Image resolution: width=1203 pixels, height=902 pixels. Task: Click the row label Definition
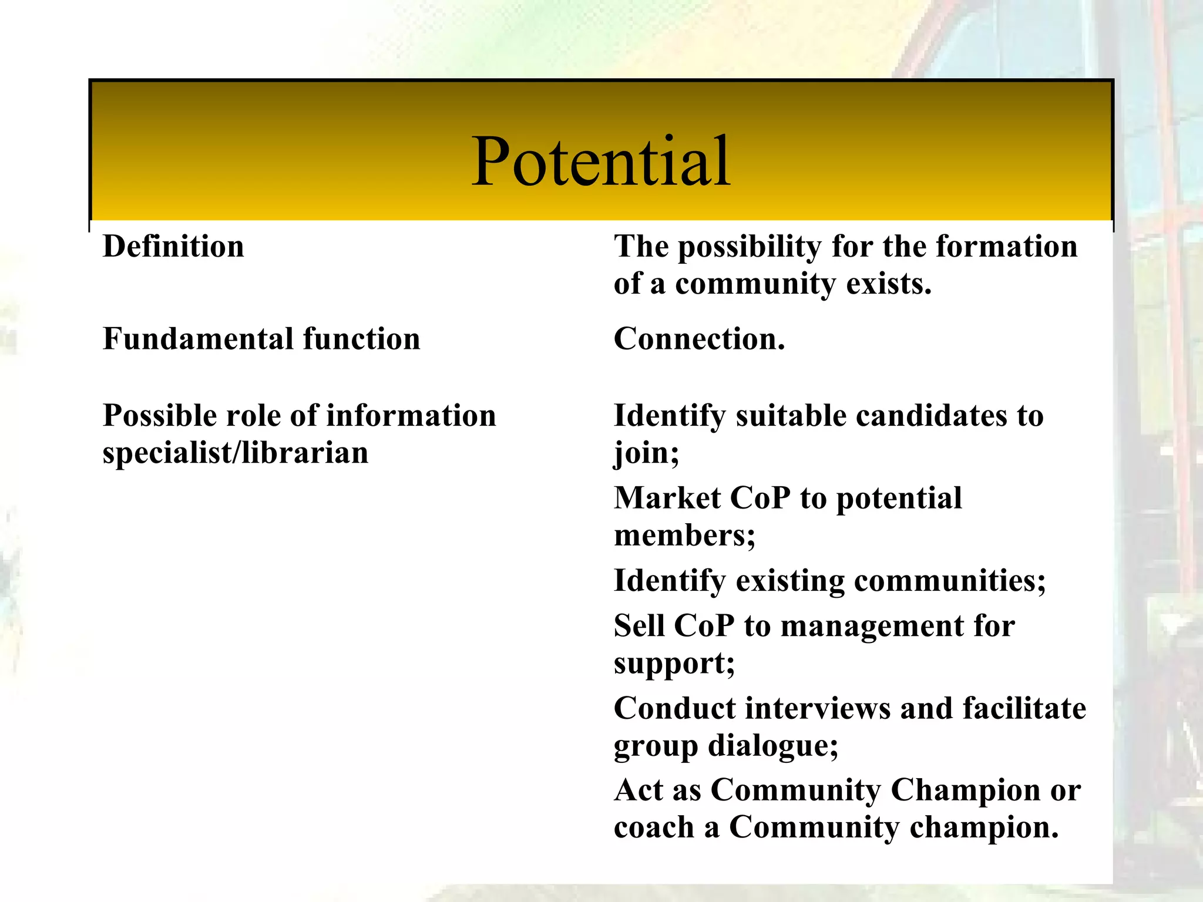(x=173, y=246)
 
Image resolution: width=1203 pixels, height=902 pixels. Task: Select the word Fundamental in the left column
(x=198, y=339)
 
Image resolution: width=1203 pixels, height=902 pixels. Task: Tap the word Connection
(x=698, y=339)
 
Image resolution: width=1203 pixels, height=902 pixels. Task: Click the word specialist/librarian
(x=235, y=453)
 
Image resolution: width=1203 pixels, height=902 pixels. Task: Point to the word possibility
(x=750, y=247)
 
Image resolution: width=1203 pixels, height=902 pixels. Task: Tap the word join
(x=645, y=453)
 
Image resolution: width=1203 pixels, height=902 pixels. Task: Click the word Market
(x=667, y=498)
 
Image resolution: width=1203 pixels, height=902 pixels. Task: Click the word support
(x=673, y=664)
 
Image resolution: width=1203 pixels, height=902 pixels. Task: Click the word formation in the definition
(x=1006, y=246)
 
